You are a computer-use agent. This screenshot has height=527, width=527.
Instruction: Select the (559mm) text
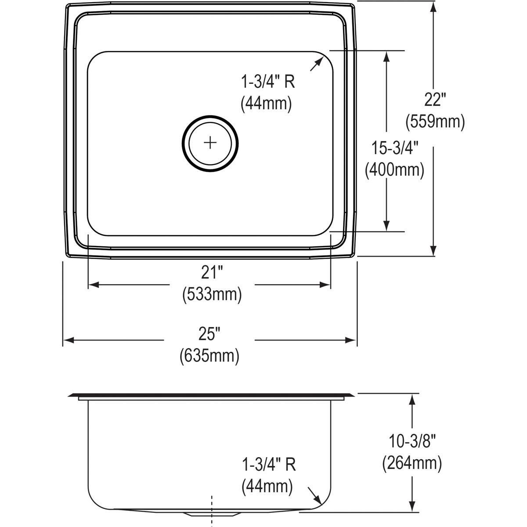434,121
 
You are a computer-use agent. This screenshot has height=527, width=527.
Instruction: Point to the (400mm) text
394,170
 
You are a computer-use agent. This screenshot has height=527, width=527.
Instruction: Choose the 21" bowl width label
212,273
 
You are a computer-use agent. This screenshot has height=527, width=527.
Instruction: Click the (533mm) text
212,294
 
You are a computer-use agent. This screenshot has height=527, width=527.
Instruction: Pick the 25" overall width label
209,335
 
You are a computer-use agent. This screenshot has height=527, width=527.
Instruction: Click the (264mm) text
412,463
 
